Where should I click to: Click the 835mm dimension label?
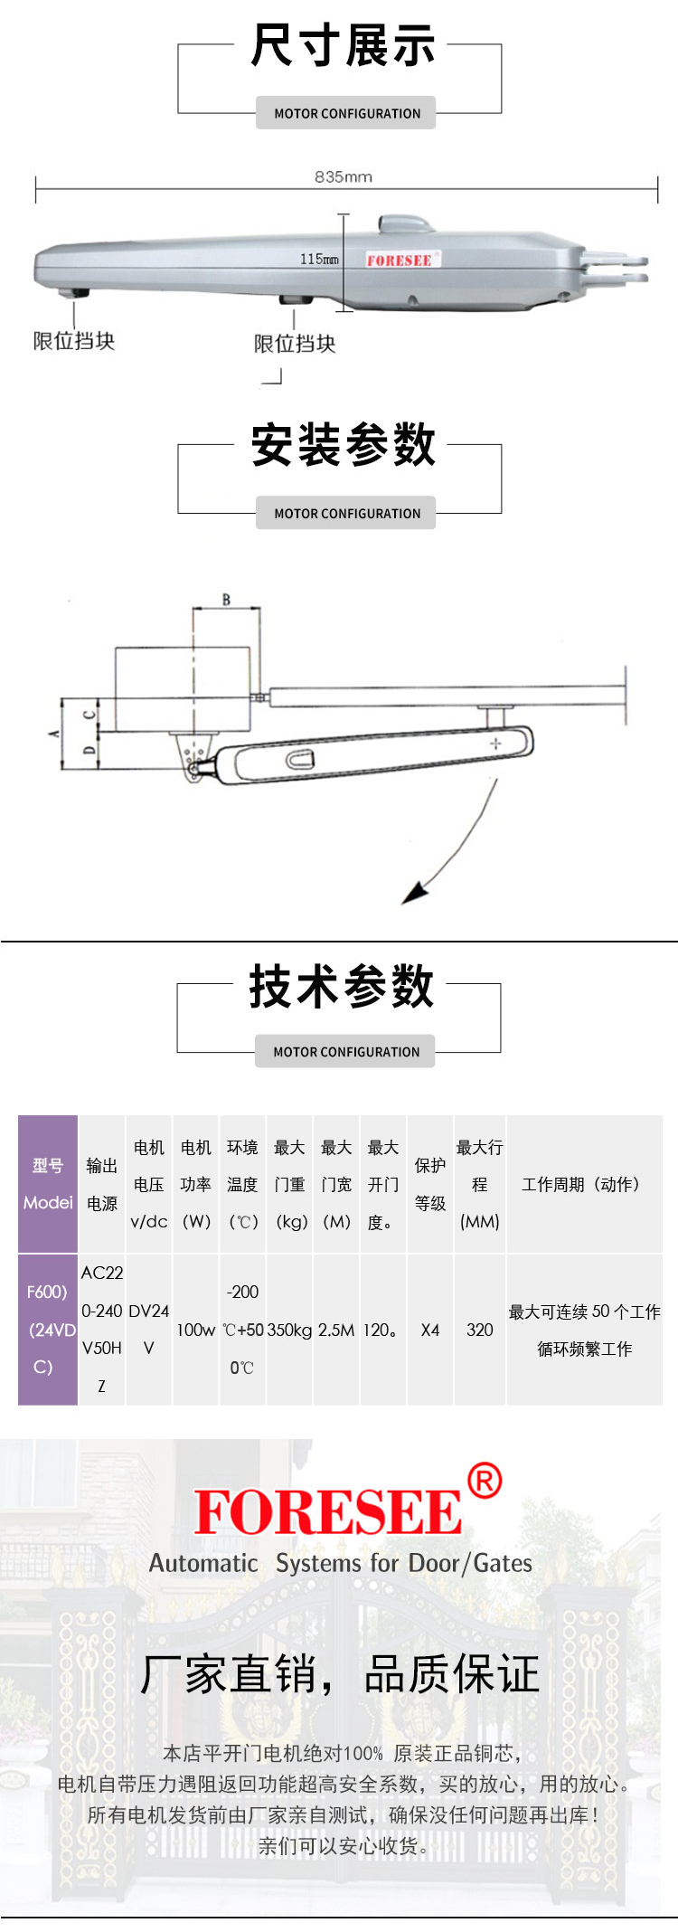coord(343,176)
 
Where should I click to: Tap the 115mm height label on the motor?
coord(319,260)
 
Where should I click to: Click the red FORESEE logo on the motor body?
coord(400,260)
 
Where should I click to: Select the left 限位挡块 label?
coord(74,341)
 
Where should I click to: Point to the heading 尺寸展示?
coord(343,46)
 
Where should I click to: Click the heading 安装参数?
coord(343,445)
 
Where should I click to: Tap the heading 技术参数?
coord(342,986)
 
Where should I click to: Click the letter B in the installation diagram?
coord(226,599)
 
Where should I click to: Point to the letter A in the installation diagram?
coord(54,733)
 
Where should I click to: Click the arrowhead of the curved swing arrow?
coord(414,894)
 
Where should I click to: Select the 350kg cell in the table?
coord(289,1330)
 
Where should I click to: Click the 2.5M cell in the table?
coord(336,1330)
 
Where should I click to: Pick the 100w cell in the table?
coord(195,1330)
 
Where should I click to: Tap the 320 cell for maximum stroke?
coord(480,1330)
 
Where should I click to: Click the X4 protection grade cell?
coord(430,1330)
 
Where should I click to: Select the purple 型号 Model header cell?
coord(48,1184)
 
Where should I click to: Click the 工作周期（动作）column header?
coord(584,1184)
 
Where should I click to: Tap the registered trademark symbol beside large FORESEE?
coord(485,1481)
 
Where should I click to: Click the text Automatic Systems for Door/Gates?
coord(341,1563)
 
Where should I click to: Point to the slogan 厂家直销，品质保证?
coord(340,1673)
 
